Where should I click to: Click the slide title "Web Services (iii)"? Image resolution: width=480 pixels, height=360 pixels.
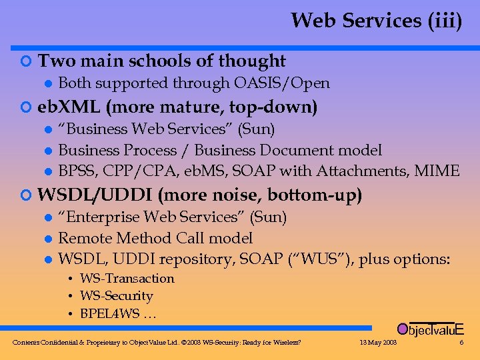coord(376,21)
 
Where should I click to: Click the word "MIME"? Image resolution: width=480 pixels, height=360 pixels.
coord(437,171)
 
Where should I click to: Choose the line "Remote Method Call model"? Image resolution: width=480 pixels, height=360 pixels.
coord(155,239)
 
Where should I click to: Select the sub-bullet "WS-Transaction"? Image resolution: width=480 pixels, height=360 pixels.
coord(127,279)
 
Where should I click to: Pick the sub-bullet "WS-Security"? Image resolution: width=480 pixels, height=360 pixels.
coord(116,296)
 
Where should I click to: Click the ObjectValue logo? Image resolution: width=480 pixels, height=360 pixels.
coord(430,329)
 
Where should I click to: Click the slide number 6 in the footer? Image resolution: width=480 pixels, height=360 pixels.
coord(461,343)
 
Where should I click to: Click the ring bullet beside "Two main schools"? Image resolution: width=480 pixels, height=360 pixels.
coord(26,62)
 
